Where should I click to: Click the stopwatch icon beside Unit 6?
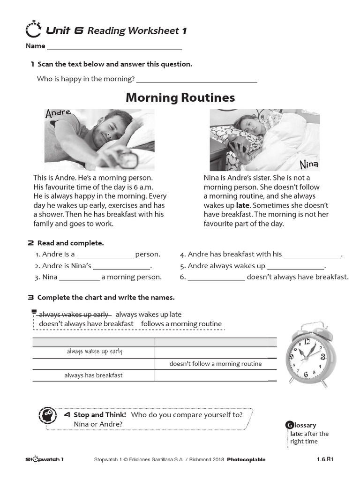[33, 30]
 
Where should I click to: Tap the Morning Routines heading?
[180, 97]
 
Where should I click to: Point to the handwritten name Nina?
[309, 164]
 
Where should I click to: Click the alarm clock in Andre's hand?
[127, 159]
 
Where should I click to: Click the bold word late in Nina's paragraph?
[242, 205]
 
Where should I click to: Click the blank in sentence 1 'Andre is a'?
[105, 255]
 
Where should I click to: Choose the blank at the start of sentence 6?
[216, 277]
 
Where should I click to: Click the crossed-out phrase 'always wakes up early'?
[74, 314]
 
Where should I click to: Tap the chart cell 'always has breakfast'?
[93, 375]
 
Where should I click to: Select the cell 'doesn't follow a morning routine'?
[215, 364]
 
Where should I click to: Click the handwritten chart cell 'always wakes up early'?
[94, 352]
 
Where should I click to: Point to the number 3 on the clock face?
[322, 357]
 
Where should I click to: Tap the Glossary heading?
[302, 425]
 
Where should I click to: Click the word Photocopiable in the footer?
[246, 459]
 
